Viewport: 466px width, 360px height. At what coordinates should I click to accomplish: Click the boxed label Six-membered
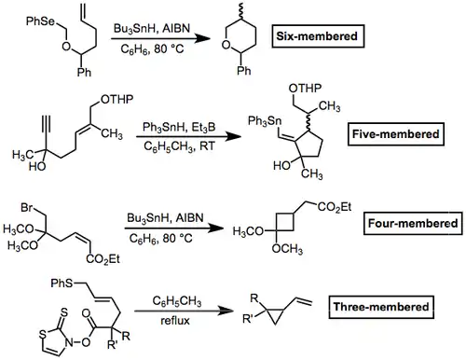click(x=318, y=36)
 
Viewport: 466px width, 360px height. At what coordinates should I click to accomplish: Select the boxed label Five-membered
click(x=395, y=134)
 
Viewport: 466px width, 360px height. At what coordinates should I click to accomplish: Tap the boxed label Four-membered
click(x=413, y=223)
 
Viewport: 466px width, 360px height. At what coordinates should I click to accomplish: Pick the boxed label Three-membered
click(x=381, y=307)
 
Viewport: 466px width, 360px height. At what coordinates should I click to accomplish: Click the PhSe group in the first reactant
click(x=40, y=21)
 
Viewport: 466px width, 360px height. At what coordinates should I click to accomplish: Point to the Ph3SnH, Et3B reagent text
click(x=179, y=127)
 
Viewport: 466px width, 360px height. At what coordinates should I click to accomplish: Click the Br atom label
click(x=27, y=207)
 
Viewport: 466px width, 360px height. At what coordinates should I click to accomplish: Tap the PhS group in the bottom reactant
click(x=62, y=284)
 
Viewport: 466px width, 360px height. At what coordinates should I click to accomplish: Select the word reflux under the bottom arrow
click(x=175, y=321)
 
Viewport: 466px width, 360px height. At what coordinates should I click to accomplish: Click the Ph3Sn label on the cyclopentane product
click(x=265, y=121)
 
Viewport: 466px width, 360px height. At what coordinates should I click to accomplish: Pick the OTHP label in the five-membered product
click(x=305, y=89)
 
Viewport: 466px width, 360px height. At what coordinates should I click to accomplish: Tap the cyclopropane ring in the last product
click(x=275, y=317)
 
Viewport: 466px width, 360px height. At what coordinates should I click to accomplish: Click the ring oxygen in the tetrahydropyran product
click(x=226, y=45)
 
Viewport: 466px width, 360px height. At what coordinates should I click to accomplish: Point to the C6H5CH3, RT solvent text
click(x=179, y=145)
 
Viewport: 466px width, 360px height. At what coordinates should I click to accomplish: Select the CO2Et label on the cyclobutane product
click(x=335, y=207)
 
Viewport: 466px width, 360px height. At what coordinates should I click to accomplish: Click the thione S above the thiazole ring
click(x=63, y=312)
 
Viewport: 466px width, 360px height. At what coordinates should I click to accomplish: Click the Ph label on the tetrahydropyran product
click(x=244, y=71)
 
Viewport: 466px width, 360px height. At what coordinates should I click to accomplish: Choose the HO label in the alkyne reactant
click(x=37, y=167)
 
